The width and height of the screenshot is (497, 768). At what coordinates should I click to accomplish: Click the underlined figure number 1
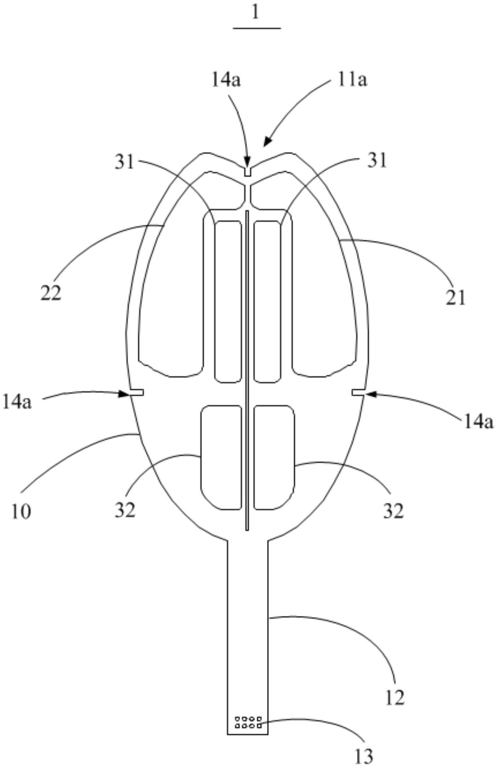pos(255,13)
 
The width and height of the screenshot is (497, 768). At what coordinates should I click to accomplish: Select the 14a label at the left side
pos(17,402)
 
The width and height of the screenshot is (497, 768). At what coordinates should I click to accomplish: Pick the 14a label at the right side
pos(478,421)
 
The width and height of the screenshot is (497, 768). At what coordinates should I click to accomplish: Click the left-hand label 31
pos(124,162)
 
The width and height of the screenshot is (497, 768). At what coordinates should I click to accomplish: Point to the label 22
pos(51,294)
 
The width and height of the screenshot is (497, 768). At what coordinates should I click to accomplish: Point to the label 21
pos(455,297)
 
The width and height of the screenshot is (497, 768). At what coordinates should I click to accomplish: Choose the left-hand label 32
pos(125,510)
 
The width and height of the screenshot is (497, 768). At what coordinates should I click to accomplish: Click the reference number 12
pos(395,698)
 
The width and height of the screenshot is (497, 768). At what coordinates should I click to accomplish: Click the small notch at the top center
pos(248,172)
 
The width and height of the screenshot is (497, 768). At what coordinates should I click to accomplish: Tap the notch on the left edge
pos(136,392)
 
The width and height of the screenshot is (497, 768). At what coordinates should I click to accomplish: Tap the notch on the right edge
pos(358,393)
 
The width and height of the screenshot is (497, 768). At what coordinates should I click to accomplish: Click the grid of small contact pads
pos(248,722)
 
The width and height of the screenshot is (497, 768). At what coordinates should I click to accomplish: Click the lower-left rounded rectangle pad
pos(221,457)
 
